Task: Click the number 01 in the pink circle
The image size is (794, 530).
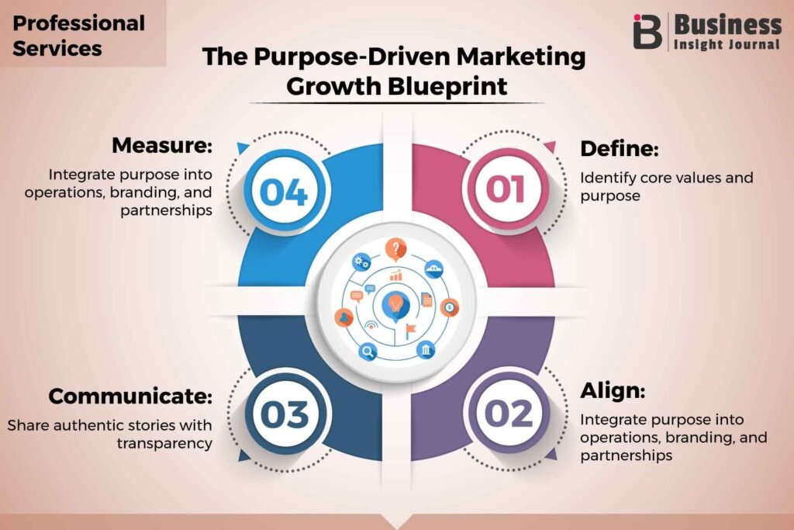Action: click(506, 189)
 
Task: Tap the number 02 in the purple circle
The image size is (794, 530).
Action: click(509, 414)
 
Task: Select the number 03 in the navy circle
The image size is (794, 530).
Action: click(284, 414)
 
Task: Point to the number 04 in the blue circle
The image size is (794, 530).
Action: click(284, 192)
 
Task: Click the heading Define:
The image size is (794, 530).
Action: click(620, 148)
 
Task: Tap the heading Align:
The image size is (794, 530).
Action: click(613, 390)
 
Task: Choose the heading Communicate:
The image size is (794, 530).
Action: click(130, 396)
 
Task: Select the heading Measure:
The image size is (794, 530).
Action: click(162, 145)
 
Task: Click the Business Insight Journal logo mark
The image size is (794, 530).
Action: click(647, 31)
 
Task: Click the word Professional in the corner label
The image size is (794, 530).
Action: click(78, 23)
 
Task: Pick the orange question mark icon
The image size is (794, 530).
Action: click(395, 249)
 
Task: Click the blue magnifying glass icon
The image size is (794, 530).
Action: click(368, 351)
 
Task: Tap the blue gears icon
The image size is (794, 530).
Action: click(361, 262)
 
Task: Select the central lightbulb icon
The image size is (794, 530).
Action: click(395, 306)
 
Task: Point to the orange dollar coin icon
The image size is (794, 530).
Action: click(449, 307)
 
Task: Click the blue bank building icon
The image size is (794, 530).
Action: click(426, 350)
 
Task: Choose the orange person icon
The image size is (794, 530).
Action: click(344, 317)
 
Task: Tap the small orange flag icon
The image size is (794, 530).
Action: click(410, 331)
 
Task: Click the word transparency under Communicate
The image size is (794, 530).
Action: click(164, 443)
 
